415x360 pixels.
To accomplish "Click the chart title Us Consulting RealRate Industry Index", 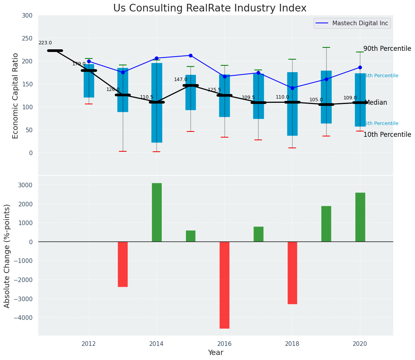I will [x=210, y=8].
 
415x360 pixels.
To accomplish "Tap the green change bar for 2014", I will [x=156, y=212].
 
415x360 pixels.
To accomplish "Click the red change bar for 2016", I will [x=225, y=285].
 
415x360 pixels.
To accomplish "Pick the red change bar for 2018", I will [x=292, y=272].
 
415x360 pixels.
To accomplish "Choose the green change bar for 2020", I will [x=360, y=217].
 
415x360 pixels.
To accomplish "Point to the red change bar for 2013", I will [x=123, y=264].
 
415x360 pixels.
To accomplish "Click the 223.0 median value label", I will [x=45, y=43].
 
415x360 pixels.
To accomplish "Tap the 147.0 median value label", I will [x=181, y=79].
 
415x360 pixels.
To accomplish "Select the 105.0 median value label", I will [x=316, y=100].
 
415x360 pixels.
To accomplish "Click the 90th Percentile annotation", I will [x=387, y=49].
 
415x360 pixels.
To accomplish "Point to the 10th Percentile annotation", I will [x=387, y=135].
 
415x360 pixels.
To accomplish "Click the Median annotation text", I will [x=376, y=103].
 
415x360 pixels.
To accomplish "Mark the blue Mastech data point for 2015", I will [x=190, y=55].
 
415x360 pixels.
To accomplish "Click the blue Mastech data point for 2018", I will [x=292, y=88].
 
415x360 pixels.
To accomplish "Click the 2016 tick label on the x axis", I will [x=224, y=344].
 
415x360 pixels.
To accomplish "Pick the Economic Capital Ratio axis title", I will [x=16, y=96].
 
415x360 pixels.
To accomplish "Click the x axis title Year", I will [x=215, y=353].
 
